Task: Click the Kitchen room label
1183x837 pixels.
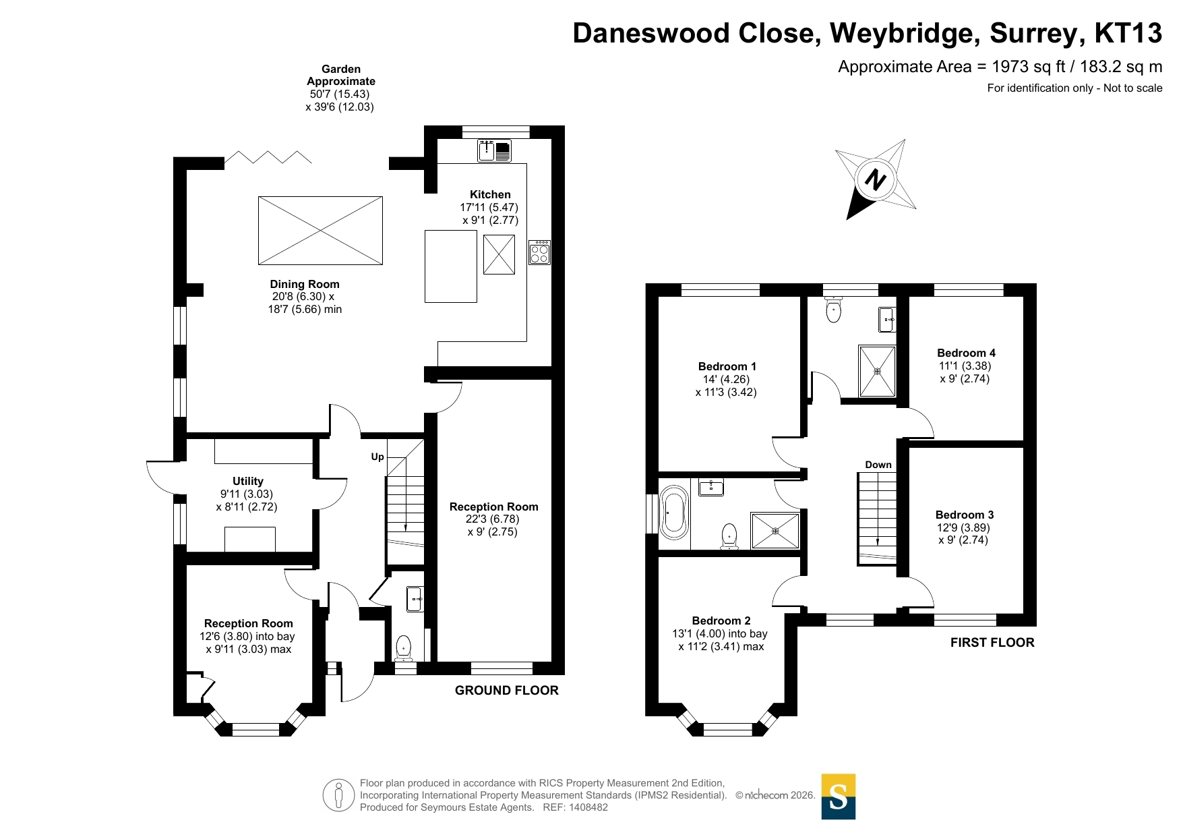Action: (490, 194)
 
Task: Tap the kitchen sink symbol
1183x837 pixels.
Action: (494, 150)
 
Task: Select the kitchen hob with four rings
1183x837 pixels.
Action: (539, 252)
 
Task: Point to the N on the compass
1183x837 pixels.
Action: (875, 180)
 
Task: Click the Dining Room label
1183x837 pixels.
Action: (305, 284)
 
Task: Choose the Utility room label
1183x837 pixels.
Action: (247, 481)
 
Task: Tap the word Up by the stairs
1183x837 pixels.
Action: (377, 457)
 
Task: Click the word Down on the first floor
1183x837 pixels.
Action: (878, 465)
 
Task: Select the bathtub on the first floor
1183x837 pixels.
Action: (673, 513)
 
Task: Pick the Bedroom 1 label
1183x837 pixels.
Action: (727, 366)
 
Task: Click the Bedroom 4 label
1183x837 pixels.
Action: (966, 353)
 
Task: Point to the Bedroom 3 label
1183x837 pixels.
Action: (964, 515)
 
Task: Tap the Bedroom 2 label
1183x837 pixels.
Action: (721, 620)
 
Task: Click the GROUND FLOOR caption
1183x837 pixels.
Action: (506, 690)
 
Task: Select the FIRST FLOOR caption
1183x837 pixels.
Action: (992, 642)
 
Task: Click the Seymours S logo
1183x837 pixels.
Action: (838, 797)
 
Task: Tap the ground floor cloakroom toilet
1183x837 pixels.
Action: (403, 647)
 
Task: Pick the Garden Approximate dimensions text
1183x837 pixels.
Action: (340, 88)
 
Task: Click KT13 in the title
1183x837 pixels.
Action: (1128, 33)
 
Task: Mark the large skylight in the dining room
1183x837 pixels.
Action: (320, 231)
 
